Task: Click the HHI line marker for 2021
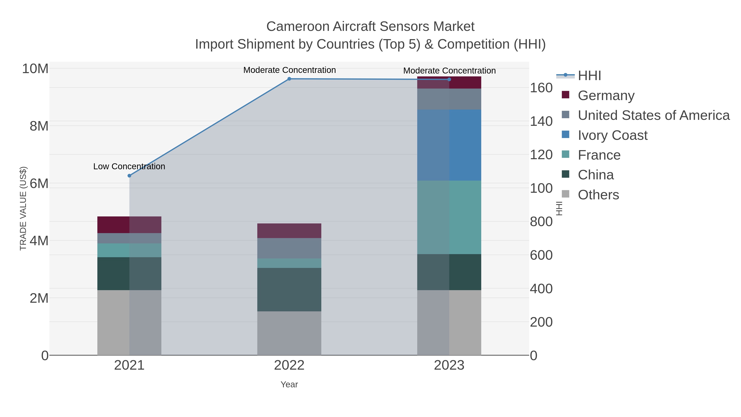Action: pyautogui.click(x=129, y=175)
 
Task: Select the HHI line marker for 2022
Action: pyautogui.click(x=289, y=79)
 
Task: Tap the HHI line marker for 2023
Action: pyautogui.click(x=449, y=79)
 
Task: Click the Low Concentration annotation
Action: pyautogui.click(x=129, y=166)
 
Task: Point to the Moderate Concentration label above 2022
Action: pyautogui.click(x=289, y=70)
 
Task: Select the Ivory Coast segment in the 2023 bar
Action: pyautogui.click(x=449, y=145)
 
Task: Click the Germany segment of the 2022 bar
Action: pyautogui.click(x=289, y=230)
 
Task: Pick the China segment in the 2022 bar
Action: pyautogui.click(x=289, y=290)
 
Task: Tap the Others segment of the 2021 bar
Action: pyautogui.click(x=129, y=322)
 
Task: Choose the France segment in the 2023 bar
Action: pyautogui.click(x=449, y=217)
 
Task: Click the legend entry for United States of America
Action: pyautogui.click(x=653, y=115)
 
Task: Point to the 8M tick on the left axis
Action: pyautogui.click(x=39, y=126)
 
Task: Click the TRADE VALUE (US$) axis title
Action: pyautogui.click(x=23, y=208)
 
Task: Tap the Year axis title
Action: pyautogui.click(x=289, y=384)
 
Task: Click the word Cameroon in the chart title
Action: pyautogui.click(x=297, y=27)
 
